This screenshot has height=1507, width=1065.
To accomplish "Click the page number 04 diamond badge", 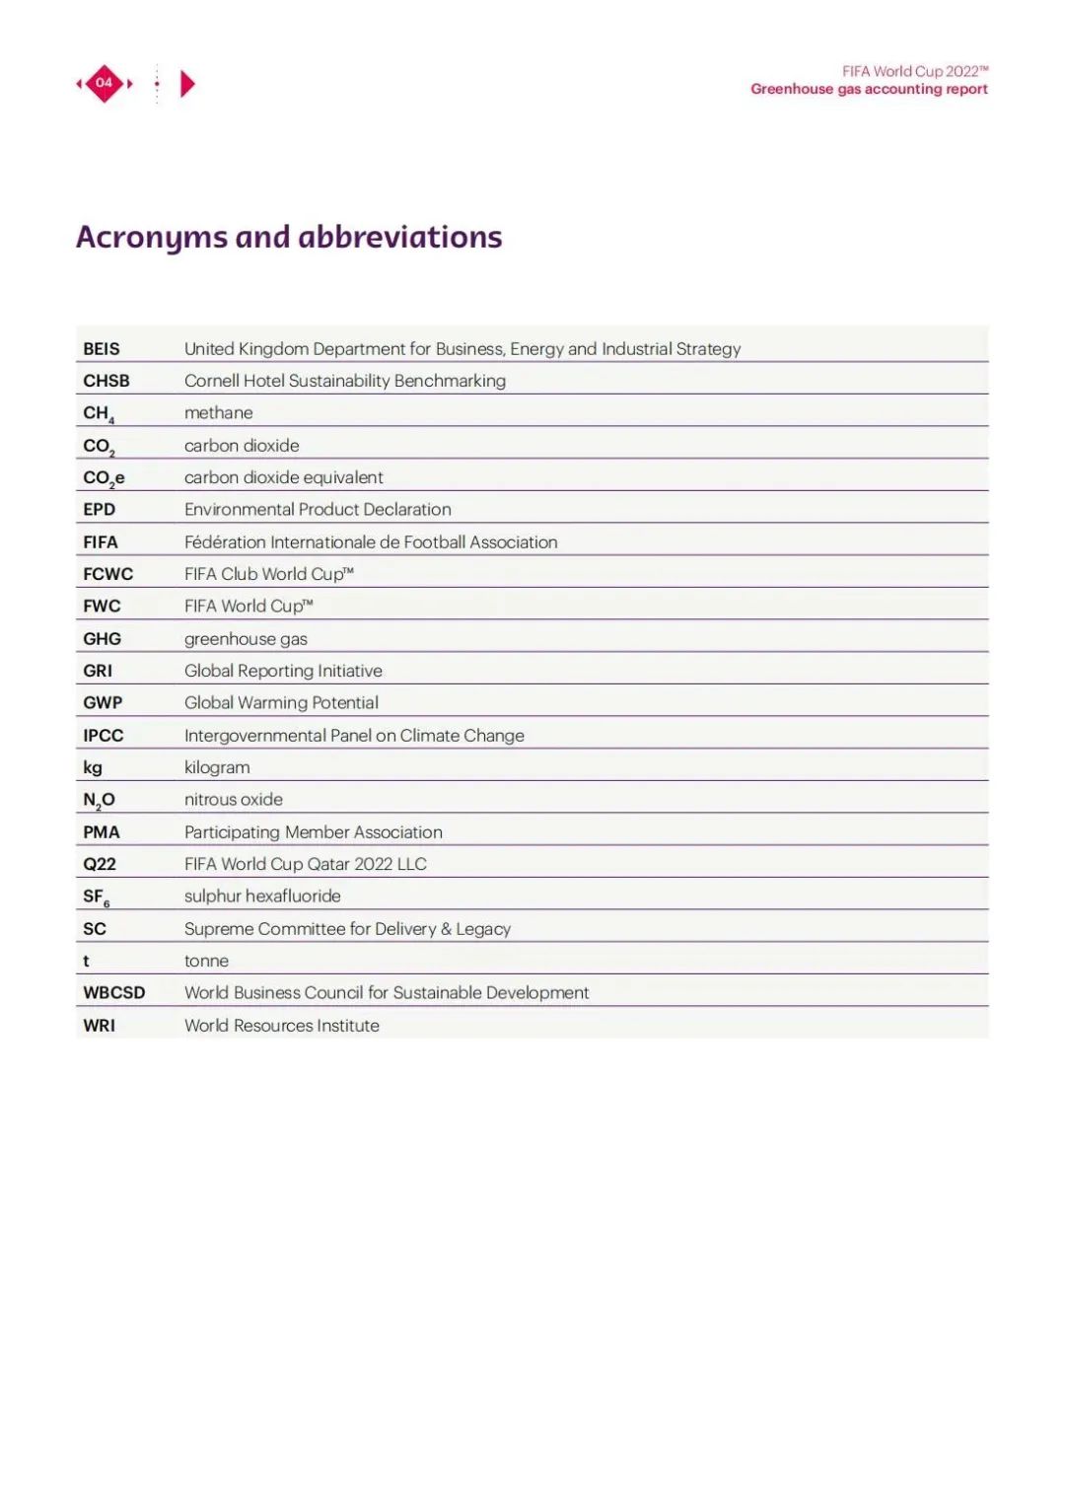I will coord(105,83).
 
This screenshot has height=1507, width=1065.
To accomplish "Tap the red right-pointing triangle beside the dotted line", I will coord(187,84).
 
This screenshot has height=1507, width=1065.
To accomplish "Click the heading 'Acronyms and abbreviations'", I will coord(289,238).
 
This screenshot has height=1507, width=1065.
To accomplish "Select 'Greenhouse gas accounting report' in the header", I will coord(869,89).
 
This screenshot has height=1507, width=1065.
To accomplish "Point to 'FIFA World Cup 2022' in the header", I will coord(914,71).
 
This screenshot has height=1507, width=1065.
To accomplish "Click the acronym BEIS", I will coord(102,349).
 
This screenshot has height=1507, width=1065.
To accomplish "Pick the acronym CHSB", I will coord(106,381).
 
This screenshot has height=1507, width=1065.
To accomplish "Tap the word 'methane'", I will coord(219,413).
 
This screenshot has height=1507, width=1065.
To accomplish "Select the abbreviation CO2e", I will coord(104,478).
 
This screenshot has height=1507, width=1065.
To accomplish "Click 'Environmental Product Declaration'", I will coord(318,510).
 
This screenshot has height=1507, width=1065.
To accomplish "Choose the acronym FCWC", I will coord(108,574).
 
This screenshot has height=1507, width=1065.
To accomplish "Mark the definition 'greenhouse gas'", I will coord(246,639).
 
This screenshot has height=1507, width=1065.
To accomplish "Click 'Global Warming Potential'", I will coord(281,703).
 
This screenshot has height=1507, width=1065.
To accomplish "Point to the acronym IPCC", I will coord(104,736).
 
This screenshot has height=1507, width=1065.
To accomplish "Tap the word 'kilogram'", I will coord(217,767).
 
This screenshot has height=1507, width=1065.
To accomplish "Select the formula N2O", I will coord(99,800).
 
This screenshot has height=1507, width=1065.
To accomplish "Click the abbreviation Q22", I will coord(100,864).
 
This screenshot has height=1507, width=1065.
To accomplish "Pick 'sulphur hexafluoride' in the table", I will coord(262,897).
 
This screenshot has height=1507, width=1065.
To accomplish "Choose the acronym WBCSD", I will coord(114,993).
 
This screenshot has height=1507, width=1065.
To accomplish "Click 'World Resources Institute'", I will coord(282,1026).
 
